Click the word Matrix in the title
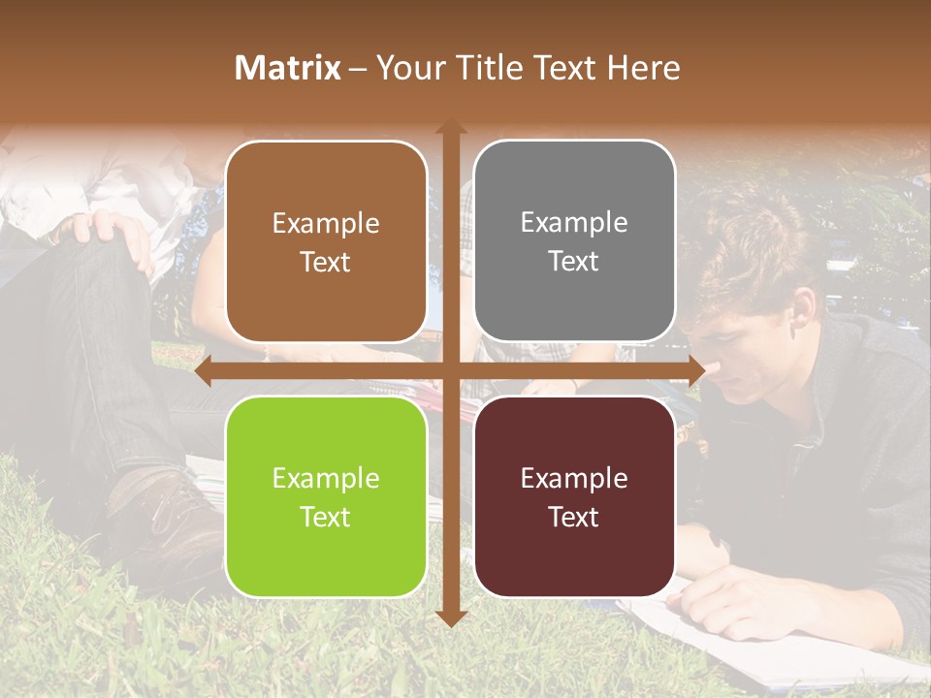(x=288, y=68)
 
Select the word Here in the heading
(x=644, y=68)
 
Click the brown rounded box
(x=326, y=242)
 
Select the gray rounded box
(x=574, y=241)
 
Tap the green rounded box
(x=326, y=497)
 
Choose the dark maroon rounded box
(x=574, y=496)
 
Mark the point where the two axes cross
(x=451, y=371)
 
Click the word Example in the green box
(x=326, y=478)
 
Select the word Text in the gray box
(x=574, y=262)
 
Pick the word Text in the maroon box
(x=574, y=517)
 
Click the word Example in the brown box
(x=326, y=223)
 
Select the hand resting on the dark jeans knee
(x=107, y=231)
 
